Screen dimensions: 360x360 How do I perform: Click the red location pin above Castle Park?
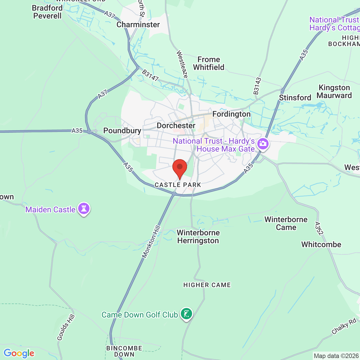[179, 168]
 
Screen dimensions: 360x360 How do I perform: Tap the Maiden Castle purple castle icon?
[84, 209]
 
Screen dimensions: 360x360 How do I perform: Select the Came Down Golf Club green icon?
[186, 314]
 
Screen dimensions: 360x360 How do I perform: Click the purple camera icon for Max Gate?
[263, 144]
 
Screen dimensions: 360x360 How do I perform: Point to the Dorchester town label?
[176, 125]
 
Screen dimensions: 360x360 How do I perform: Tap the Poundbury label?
[122, 130]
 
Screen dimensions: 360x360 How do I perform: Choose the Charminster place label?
[138, 25]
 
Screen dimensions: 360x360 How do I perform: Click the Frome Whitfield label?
[209, 64]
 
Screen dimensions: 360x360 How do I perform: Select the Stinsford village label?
[295, 98]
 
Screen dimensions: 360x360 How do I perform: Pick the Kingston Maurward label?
[334, 92]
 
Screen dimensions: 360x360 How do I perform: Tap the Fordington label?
[231, 114]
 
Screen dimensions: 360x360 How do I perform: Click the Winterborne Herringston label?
[198, 237]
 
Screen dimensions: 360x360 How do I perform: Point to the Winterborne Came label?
[286, 223]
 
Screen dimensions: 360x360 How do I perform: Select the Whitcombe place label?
[321, 244]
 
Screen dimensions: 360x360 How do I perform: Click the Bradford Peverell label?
[47, 12]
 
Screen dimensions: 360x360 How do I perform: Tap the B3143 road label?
[257, 86]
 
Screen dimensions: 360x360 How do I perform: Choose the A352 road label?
[319, 228]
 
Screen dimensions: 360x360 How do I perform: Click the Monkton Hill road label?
[151, 242]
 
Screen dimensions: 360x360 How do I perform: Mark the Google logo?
[19, 353]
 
